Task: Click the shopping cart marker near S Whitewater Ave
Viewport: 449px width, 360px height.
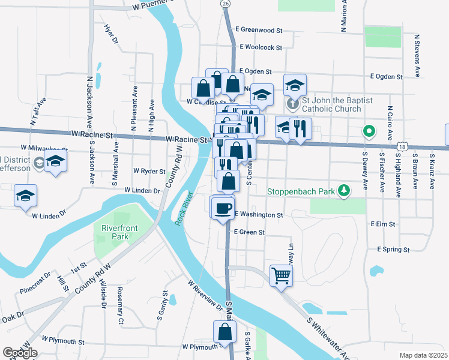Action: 280,276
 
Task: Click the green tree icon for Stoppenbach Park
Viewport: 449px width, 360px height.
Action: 343,190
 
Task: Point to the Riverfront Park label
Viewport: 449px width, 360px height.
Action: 115,232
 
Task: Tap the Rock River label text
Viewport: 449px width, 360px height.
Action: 183,208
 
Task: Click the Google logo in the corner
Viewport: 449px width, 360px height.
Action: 20,353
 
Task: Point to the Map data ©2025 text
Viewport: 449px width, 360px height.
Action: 423,355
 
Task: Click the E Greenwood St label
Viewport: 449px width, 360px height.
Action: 259,29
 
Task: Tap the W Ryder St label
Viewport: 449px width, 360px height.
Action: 149,171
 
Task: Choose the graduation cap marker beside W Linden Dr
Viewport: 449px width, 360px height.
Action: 26,196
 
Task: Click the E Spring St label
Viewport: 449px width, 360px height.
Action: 393,249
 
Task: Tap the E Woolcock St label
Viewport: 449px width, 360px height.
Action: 261,47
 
